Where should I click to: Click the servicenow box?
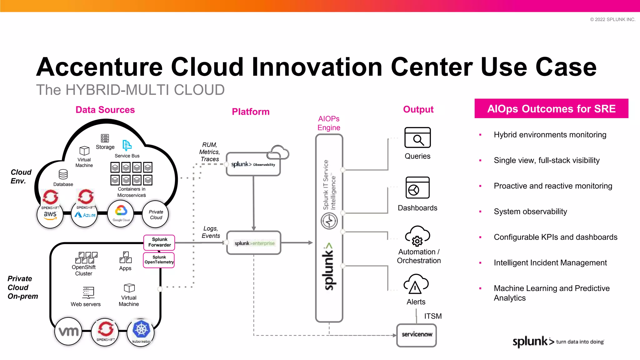416,335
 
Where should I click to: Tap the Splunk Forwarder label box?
159,242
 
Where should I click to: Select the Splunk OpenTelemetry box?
159,260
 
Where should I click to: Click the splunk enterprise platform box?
254,243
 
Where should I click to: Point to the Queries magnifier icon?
417,137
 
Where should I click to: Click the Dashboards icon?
417,187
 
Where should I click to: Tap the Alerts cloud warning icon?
416,285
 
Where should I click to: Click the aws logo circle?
50,215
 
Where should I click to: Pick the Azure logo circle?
85,215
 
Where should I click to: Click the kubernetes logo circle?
141,332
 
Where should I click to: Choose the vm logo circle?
68,332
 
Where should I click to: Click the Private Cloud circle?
156,215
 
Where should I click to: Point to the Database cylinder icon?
63,174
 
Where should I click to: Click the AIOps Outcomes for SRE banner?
551,109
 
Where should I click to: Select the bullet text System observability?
530,212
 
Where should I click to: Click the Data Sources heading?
105,110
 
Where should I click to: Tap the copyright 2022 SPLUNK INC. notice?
612,19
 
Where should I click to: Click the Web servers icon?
88,292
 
